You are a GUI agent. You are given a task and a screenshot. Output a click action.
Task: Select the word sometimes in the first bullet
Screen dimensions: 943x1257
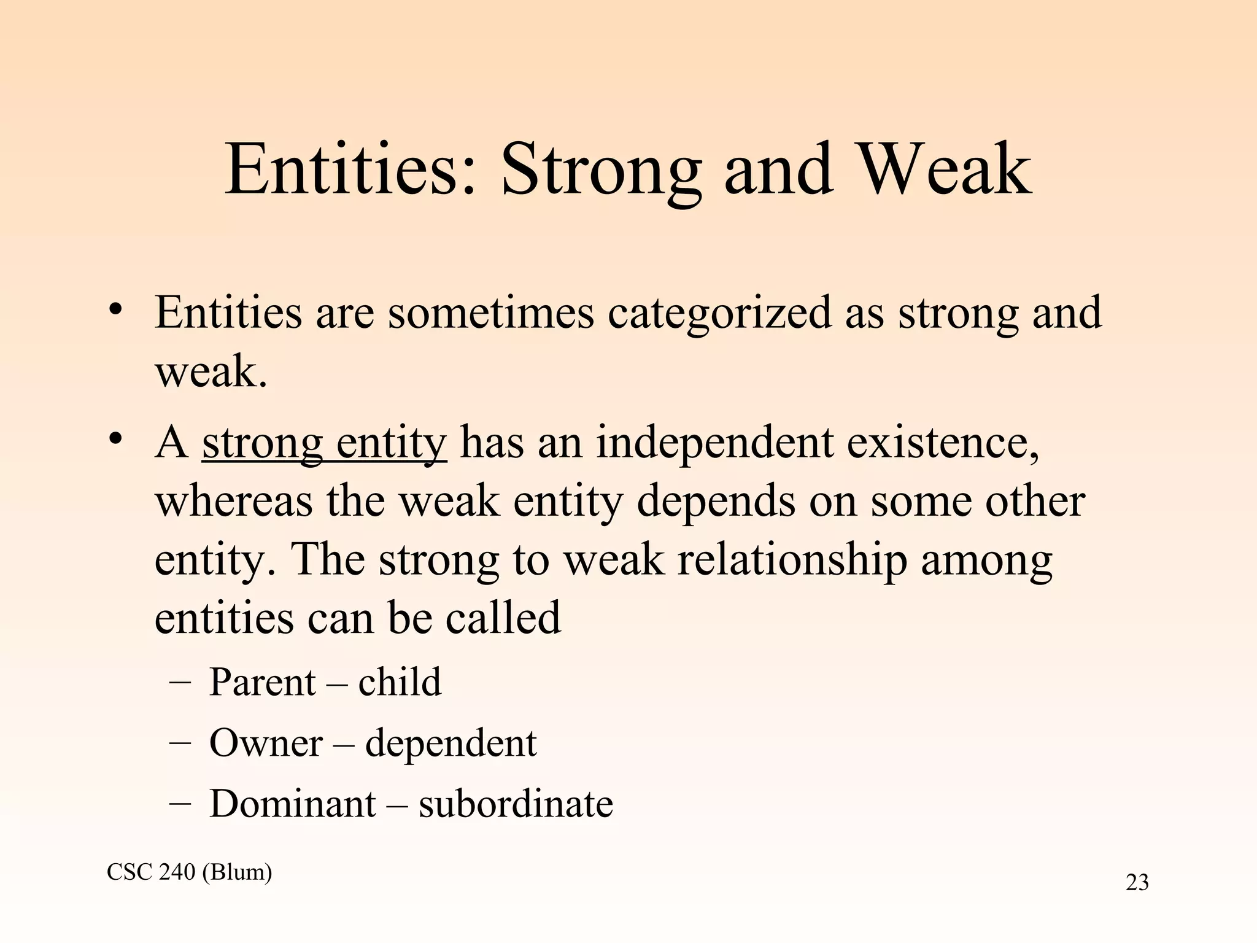click(x=491, y=312)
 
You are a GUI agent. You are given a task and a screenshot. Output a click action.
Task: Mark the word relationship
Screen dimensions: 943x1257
click(x=792, y=560)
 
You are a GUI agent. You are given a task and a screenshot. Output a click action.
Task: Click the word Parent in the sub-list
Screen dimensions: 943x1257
click(x=262, y=682)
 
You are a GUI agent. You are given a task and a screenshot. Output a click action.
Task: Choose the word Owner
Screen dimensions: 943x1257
click(x=266, y=743)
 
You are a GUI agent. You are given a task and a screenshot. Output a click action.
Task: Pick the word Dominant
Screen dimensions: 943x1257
click(x=292, y=804)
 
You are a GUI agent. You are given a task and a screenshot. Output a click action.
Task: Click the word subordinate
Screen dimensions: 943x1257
click(x=516, y=804)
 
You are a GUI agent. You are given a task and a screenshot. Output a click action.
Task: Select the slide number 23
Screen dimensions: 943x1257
click(x=1137, y=883)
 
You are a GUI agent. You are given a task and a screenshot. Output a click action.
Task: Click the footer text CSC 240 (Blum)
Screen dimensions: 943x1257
click(x=189, y=872)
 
